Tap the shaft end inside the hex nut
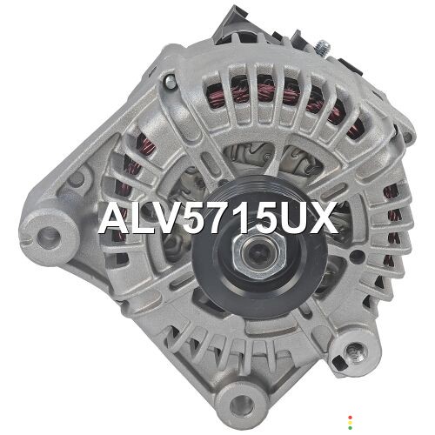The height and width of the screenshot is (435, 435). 257,253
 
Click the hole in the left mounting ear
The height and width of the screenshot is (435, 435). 49,238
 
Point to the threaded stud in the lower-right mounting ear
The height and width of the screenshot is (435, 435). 356,351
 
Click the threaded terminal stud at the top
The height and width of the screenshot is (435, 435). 323,47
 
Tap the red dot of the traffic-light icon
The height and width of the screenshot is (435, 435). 350,418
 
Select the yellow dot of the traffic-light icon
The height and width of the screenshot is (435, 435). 350,423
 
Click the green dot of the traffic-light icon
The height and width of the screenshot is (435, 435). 350,428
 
